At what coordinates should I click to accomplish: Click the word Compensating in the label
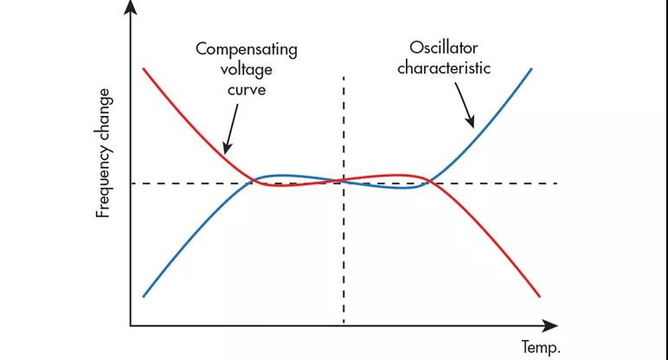click(246, 49)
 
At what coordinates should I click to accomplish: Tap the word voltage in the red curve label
click(246, 68)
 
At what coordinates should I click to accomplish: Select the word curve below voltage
click(246, 88)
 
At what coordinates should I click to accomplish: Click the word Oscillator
click(444, 47)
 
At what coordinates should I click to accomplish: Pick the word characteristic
click(444, 67)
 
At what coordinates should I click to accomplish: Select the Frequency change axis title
click(104, 152)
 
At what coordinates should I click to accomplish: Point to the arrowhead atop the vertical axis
click(131, 7)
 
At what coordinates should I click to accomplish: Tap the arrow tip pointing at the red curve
click(223, 152)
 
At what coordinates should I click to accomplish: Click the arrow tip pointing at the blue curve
click(472, 127)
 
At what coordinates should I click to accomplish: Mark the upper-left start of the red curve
click(143, 67)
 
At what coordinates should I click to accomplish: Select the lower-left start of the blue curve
click(143, 296)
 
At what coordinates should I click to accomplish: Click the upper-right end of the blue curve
click(531, 67)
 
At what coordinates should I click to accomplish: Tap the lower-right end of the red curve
click(541, 296)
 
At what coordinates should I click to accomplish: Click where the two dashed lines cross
click(344, 183)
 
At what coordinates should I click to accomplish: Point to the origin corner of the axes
click(131, 326)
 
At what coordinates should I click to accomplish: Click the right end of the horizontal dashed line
click(556, 183)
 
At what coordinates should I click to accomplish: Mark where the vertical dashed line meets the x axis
click(344, 326)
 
